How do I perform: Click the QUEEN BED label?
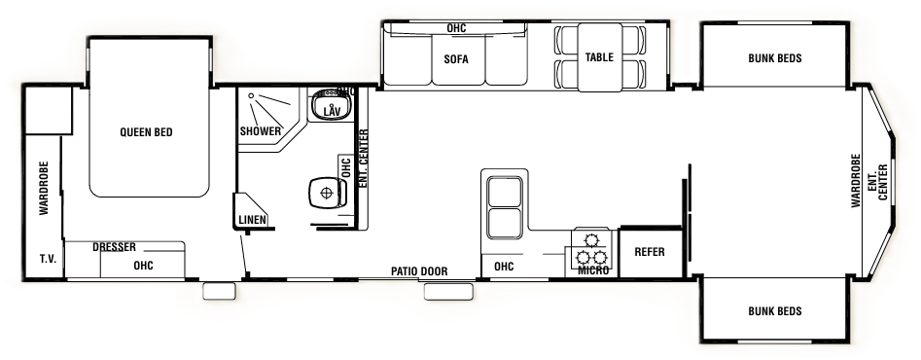point(146,132)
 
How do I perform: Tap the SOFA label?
point(456,59)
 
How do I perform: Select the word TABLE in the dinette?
point(599,57)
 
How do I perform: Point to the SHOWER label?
point(260,131)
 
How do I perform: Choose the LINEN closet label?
point(252,220)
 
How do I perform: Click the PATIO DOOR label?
point(419,271)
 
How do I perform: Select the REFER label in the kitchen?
point(649,252)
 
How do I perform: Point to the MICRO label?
point(592,270)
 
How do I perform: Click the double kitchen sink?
point(503,207)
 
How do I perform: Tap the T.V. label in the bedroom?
point(46,260)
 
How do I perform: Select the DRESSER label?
point(114,247)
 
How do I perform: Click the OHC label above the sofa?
point(456,29)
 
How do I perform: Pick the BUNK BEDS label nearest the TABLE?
point(774,57)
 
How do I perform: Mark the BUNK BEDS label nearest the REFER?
point(774,311)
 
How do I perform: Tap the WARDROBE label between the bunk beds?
point(856,181)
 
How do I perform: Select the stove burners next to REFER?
point(591,249)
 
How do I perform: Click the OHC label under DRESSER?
point(143,264)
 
